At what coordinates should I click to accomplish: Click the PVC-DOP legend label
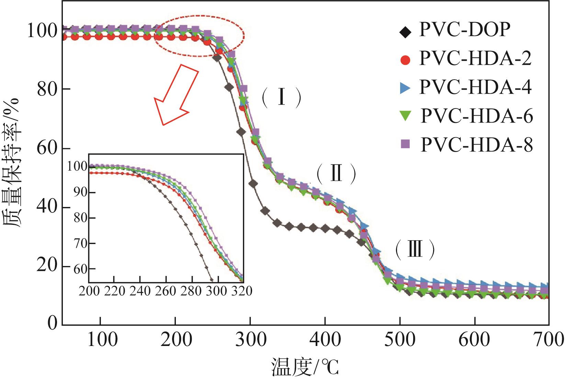pyautogui.click(x=464, y=30)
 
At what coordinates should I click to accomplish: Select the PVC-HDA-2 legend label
pyautogui.click(x=475, y=59)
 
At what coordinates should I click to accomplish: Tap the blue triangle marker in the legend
pyautogui.click(x=406, y=88)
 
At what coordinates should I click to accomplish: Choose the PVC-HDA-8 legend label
pyautogui.click(x=477, y=145)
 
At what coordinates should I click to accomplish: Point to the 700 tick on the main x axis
pyautogui.click(x=549, y=340)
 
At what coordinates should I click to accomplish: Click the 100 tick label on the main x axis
pyautogui.click(x=100, y=340)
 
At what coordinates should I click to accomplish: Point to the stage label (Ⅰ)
pyautogui.click(x=282, y=98)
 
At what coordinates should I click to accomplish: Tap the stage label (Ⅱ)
pyautogui.click(x=336, y=174)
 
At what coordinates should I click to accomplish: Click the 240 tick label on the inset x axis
pyautogui.click(x=140, y=291)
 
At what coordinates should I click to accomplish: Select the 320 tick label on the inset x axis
pyautogui.click(x=242, y=291)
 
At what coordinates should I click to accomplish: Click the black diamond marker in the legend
pyautogui.click(x=406, y=32)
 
